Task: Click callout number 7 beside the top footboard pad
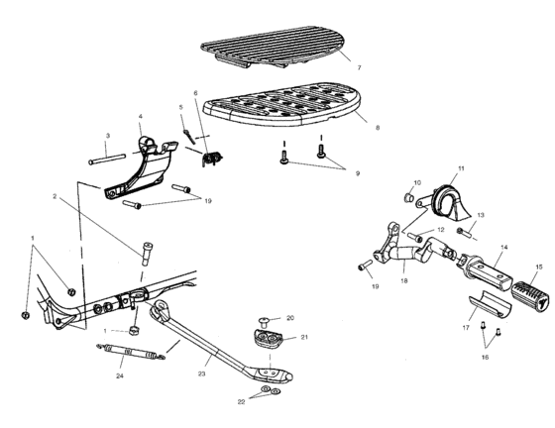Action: [359, 66]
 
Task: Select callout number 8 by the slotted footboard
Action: [366, 128]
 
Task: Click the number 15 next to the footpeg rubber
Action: [539, 267]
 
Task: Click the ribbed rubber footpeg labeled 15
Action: [522, 292]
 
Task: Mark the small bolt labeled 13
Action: [462, 233]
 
